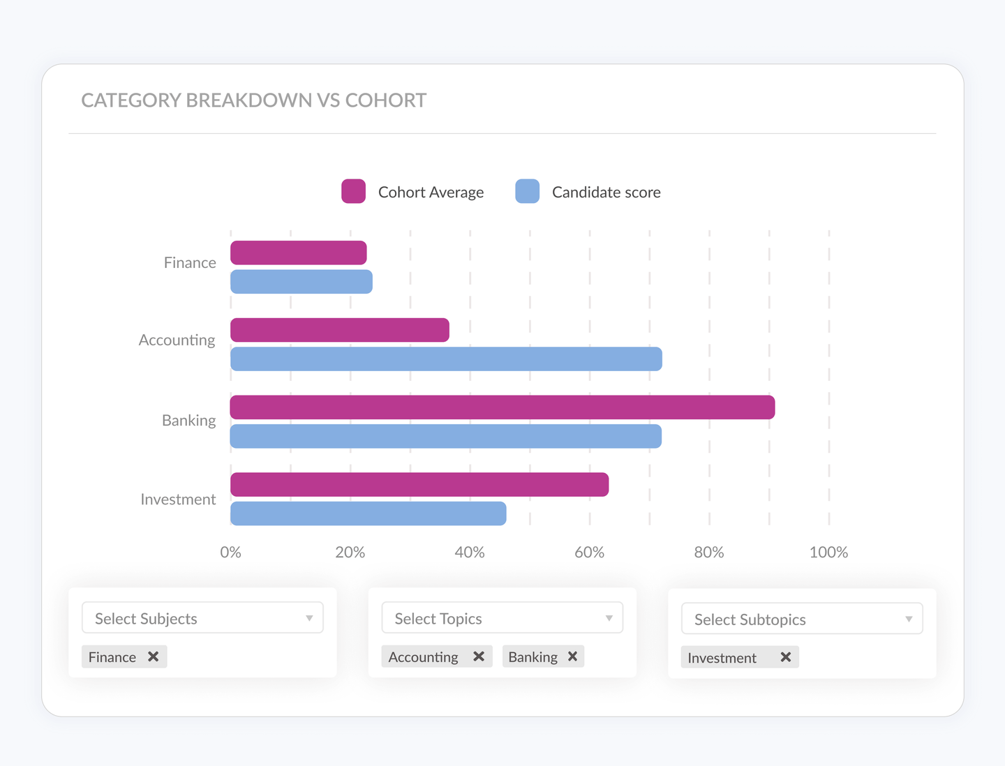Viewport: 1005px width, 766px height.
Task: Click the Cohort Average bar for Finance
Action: [298, 253]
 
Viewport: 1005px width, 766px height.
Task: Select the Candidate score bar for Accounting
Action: [446, 359]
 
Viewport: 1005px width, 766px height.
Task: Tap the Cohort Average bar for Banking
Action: [502, 407]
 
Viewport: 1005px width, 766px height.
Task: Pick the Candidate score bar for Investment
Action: [368, 513]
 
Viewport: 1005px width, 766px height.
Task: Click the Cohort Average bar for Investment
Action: [419, 485]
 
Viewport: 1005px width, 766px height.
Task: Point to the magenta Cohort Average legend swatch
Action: [353, 191]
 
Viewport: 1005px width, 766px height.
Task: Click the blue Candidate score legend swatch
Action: [527, 191]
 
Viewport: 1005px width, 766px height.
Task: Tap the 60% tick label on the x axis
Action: [589, 553]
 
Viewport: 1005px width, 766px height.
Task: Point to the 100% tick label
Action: [828, 553]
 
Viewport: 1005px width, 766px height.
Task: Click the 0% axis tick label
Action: [230, 553]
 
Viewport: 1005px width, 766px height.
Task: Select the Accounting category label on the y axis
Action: [177, 340]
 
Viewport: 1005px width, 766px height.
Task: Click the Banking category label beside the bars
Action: [188, 421]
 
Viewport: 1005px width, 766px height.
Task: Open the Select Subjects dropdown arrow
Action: [309, 619]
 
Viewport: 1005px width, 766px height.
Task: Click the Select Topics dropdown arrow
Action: [609, 619]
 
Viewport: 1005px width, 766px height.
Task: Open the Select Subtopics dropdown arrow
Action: [909, 619]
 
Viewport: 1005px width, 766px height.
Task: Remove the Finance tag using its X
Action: [154, 656]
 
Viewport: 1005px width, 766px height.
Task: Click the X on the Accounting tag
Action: [479, 656]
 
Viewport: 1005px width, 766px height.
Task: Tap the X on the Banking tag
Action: [572, 656]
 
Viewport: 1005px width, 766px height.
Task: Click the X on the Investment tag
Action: [785, 657]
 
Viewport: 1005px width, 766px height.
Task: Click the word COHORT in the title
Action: [385, 100]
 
